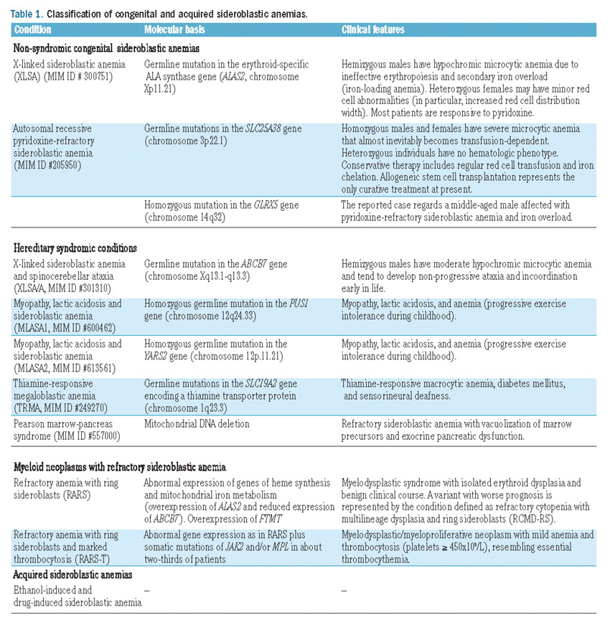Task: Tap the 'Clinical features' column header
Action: coord(373,30)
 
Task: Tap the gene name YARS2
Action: coord(158,355)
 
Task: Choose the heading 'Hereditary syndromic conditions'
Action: coord(75,248)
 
